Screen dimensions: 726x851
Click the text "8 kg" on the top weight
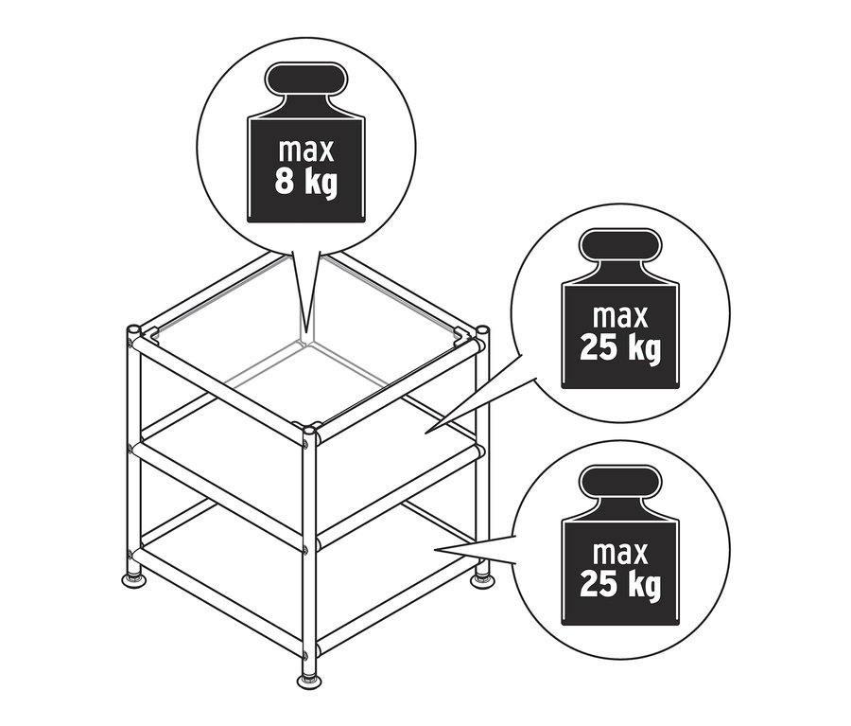pos(305,181)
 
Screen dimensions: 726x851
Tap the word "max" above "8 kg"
pos(305,150)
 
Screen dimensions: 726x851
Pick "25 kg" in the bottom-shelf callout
pos(620,585)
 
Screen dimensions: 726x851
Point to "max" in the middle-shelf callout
pos(620,316)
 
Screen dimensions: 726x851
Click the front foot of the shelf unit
pos(308,680)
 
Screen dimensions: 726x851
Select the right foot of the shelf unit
pos(483,575)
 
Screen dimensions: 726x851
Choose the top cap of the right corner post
pos(483,330)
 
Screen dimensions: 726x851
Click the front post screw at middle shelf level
pos(307,546)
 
